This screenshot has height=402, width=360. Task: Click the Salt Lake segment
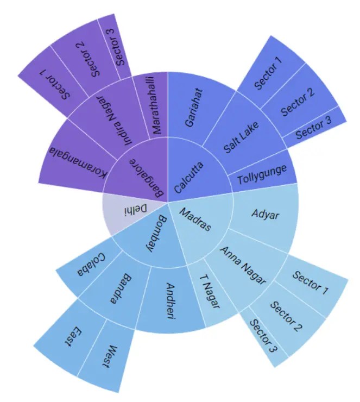tap(242, 138)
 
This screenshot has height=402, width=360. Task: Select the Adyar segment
tap(266, 215)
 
